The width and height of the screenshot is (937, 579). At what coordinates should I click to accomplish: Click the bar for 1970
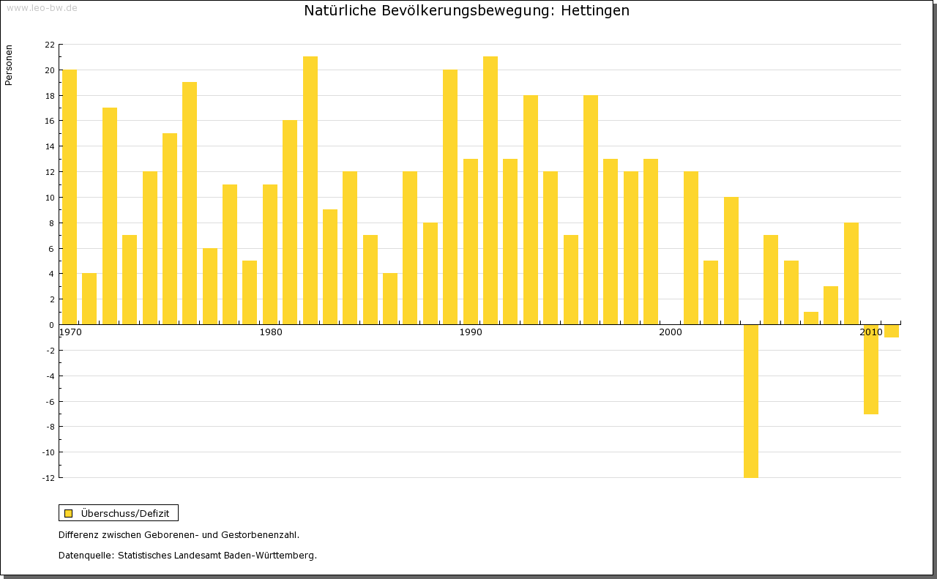click(70, 197)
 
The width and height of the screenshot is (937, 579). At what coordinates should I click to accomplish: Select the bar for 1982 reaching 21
click(310, 190)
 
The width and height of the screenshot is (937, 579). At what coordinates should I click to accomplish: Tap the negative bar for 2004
click(751, 401)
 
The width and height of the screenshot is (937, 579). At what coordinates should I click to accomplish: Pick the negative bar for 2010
click(871, 370)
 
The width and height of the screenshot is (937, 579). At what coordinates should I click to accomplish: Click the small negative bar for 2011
click(891, 331)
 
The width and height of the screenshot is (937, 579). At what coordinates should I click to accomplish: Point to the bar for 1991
click(490, 190)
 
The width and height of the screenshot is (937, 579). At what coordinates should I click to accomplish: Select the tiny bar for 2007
click(811, 318)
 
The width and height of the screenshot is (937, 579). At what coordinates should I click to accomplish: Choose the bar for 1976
click(190, 203)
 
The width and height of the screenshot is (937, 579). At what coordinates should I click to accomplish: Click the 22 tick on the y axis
click(50, 45)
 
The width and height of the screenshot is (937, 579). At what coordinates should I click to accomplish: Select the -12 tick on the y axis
click(48, 478)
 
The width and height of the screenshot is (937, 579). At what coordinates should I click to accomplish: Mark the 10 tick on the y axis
click(50, 198)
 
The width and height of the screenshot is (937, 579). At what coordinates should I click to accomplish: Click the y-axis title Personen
click(9, 65)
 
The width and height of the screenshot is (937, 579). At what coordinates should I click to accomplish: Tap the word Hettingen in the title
click(594, 11)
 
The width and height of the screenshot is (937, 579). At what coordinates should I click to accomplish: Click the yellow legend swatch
click(69, 513)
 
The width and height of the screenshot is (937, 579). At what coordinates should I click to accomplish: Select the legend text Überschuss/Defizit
click(125, 513)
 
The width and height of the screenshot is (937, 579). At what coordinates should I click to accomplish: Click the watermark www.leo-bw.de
click(42, 8)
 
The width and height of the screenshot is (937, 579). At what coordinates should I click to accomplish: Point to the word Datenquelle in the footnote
click(85, 556)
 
